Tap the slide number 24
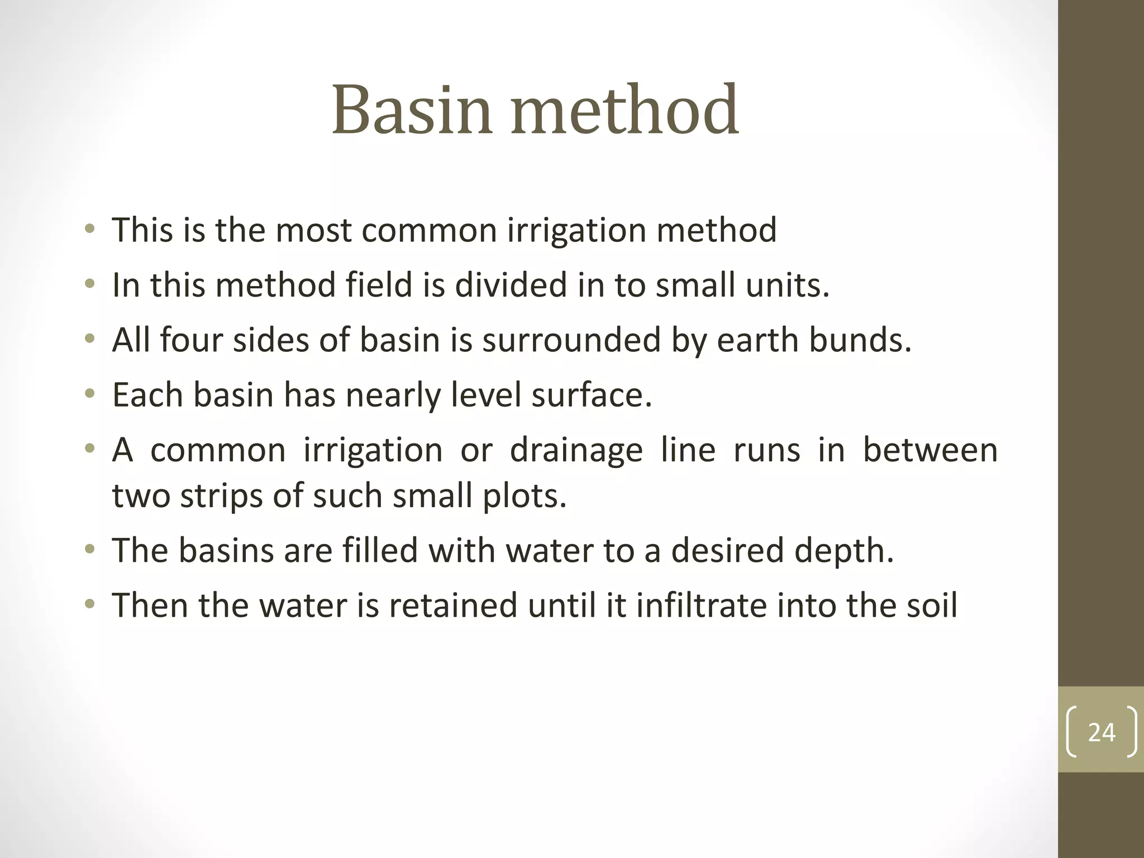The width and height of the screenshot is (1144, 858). pos(1102,732)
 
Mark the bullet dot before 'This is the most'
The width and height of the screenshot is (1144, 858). pos(89,230)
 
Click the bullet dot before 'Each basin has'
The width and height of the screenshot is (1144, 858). pos(89,395)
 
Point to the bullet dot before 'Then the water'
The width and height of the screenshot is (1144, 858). pos(89,605)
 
